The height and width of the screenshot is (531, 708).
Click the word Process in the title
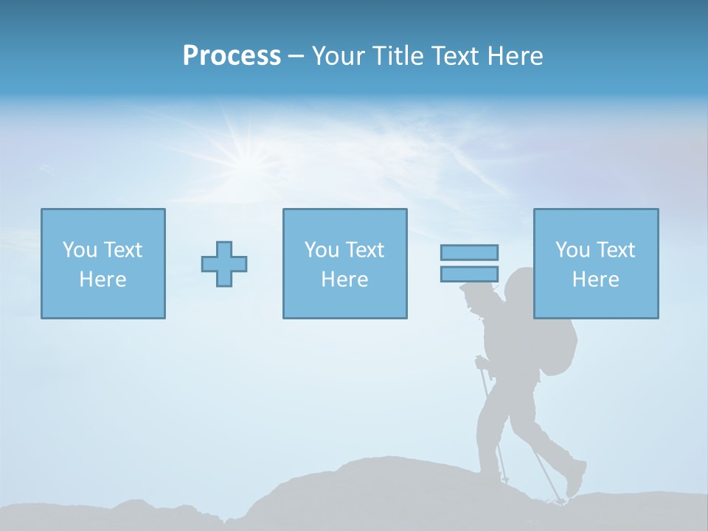coord(232,56)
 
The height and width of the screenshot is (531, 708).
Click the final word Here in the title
coord(515,56)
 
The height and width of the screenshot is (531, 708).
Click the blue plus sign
coord(224,264)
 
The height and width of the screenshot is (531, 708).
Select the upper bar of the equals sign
coord(469,252)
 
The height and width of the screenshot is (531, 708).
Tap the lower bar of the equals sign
coord(469,274)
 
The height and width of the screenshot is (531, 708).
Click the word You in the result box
coord(572,250)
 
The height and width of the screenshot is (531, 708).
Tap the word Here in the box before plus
coord(103,280)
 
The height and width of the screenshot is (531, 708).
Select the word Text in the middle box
coord(364,250)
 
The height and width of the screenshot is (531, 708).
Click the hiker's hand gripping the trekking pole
coord(482,362)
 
